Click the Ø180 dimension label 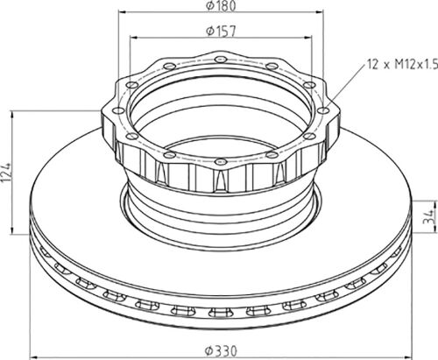(x=221, y=6)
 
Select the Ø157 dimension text (x=221, y=32)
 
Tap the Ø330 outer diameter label (x=221, y=351)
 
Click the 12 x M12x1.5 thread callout (x=402, y=64)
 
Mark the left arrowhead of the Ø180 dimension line (x=122, y=12)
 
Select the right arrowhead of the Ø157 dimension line (x=308, y=38)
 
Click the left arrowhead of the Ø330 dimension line (x=34, y=356)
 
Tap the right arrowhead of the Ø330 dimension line (x=408, y=356)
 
